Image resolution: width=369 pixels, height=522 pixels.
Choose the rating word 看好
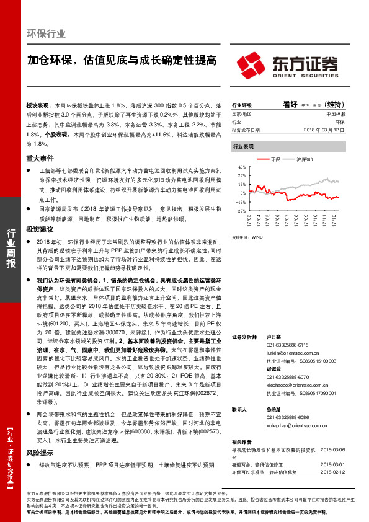[291, 105]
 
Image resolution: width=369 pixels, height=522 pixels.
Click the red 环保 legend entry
[276, 160]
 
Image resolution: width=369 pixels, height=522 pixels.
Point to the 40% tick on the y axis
[242, 166]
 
